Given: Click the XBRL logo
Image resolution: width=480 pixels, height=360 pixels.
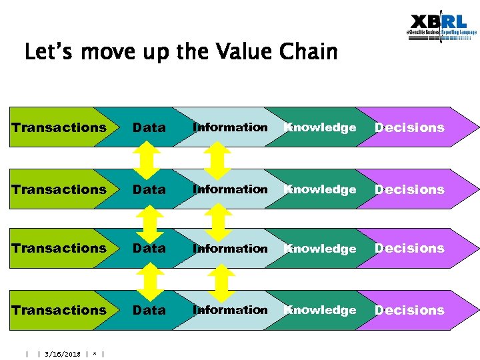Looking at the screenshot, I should click(x=441, y=28).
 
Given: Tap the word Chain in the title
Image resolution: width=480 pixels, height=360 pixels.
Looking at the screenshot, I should click(x=309, y=51).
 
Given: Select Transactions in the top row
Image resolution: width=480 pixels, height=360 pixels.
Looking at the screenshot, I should click(x=59, y=127).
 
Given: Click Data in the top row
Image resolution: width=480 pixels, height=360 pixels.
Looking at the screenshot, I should click(x=149, y=127).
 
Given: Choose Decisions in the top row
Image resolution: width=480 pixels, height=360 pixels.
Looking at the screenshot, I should click(x=409, y=127).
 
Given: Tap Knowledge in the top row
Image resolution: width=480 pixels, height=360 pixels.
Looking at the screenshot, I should click(x=320, y=127).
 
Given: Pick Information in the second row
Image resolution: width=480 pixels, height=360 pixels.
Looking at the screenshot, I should click(x=230, y=189).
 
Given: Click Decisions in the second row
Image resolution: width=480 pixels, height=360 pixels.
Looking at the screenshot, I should click(x=409, y=189).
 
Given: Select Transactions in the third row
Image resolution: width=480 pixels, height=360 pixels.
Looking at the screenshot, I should click(x=59, y=248).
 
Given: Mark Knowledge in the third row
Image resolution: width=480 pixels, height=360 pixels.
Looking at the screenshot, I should click(x=320, y=248).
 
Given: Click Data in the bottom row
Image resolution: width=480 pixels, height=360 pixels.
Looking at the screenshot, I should click(x=149, y=310).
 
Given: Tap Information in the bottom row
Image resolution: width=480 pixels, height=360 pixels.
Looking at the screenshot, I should click(x=230, y=310).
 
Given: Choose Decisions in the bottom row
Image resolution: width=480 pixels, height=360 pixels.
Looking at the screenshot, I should click(x=409, y=310).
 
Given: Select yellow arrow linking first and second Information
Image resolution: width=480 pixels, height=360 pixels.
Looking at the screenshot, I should click(x=216, y=159).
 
